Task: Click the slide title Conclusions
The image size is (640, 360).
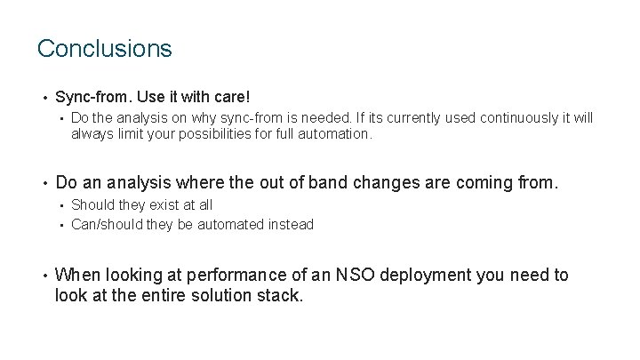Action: click(104, 48)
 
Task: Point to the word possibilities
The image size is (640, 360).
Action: click(236, 133)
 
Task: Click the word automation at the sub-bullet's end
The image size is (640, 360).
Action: click(336, 133)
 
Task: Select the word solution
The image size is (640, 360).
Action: click(224, 295)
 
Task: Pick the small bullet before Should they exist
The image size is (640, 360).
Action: click(60, 205)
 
